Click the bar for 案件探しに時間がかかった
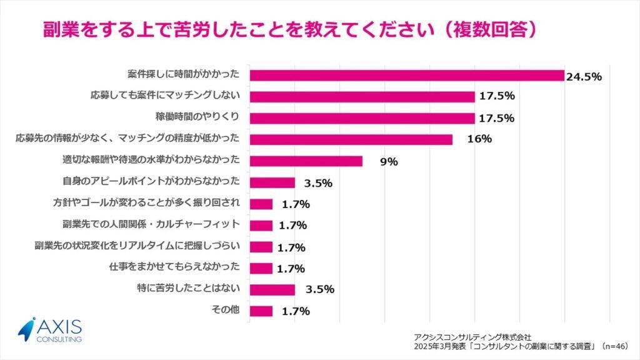click(406, 76)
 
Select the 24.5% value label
click(584, 77)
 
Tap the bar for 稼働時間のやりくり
click(362, 118)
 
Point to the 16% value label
click(479, 140)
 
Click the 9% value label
click(389, 161)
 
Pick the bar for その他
click(261, 311)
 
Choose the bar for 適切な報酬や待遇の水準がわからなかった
click(306, 161)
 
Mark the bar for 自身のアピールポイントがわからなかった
click(272, 182)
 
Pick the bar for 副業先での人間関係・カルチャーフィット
click(261, 225)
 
